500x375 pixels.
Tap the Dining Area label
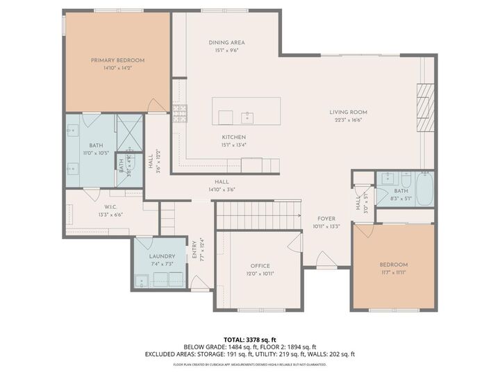[x=227, y=42]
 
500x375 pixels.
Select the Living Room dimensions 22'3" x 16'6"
[x=348, y=119]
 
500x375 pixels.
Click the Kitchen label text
[x=233, y=137]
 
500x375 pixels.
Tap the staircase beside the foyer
[x=258, y=215]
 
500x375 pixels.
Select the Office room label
[x=260, y=266]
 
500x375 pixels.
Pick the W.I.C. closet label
[x=110, y=206]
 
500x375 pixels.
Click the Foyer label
[x=326, y=218]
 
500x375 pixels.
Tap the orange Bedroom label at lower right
[x=393, y=265]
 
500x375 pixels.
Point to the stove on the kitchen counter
[x=180, y=110]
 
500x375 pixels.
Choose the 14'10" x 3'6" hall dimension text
[x=222, y=189]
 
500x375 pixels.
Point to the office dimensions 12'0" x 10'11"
[x=260, y=274]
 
